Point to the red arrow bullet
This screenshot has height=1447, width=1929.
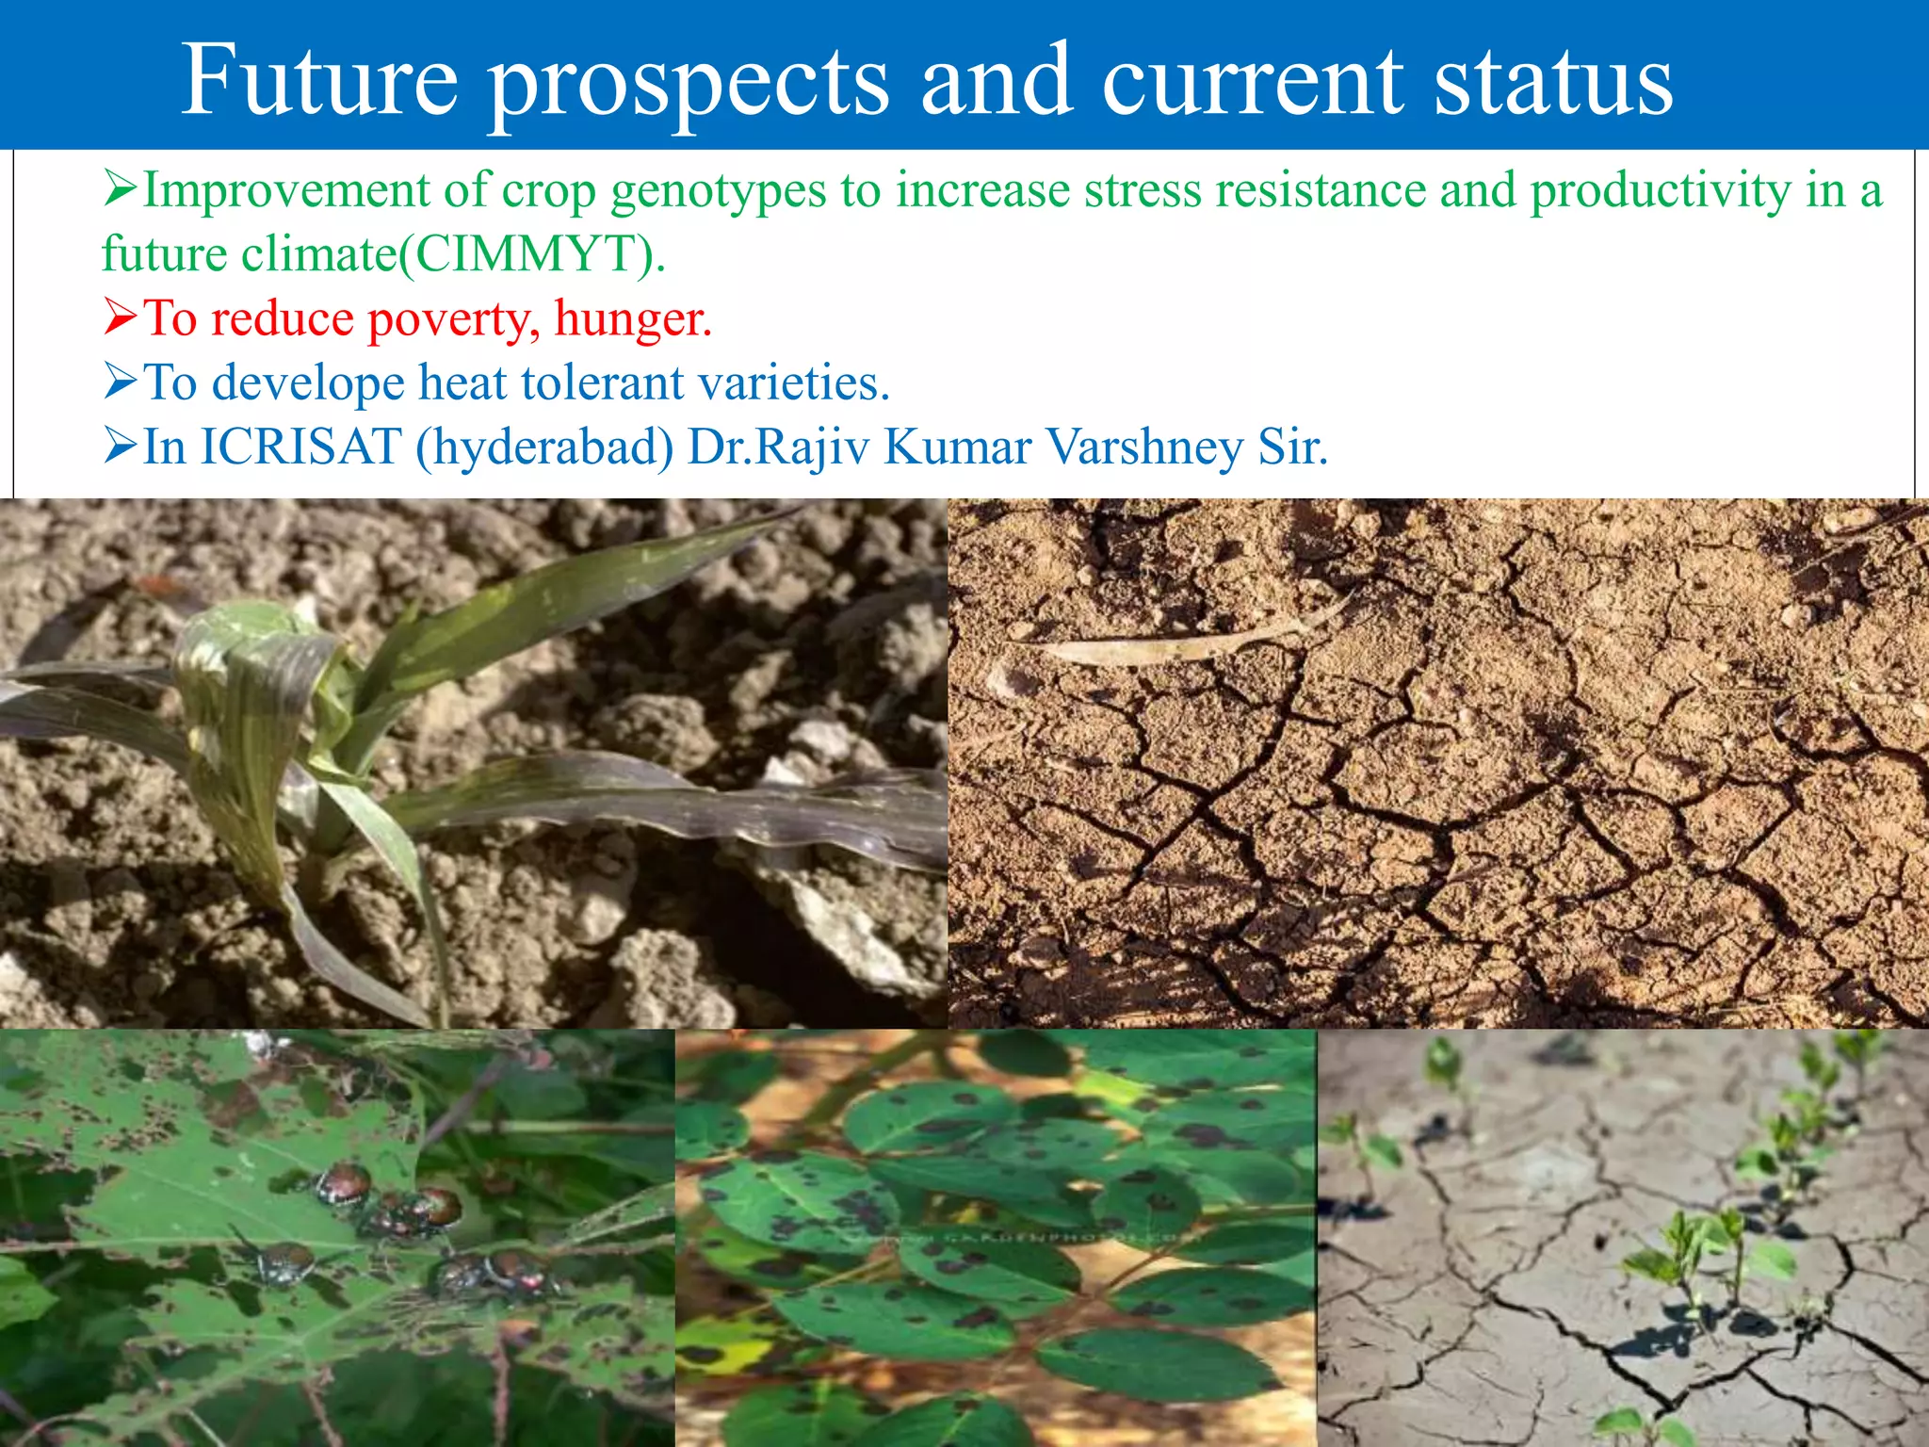[x=121, y=317]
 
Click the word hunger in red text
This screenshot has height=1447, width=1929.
[x=631, y=318]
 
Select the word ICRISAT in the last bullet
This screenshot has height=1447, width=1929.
[x=301, y=447]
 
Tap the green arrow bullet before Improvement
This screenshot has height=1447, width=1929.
[x=121, y=189]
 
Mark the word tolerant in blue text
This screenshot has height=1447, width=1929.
[x=603, y=382]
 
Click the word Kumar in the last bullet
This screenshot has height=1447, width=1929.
[x=957, y=447]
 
